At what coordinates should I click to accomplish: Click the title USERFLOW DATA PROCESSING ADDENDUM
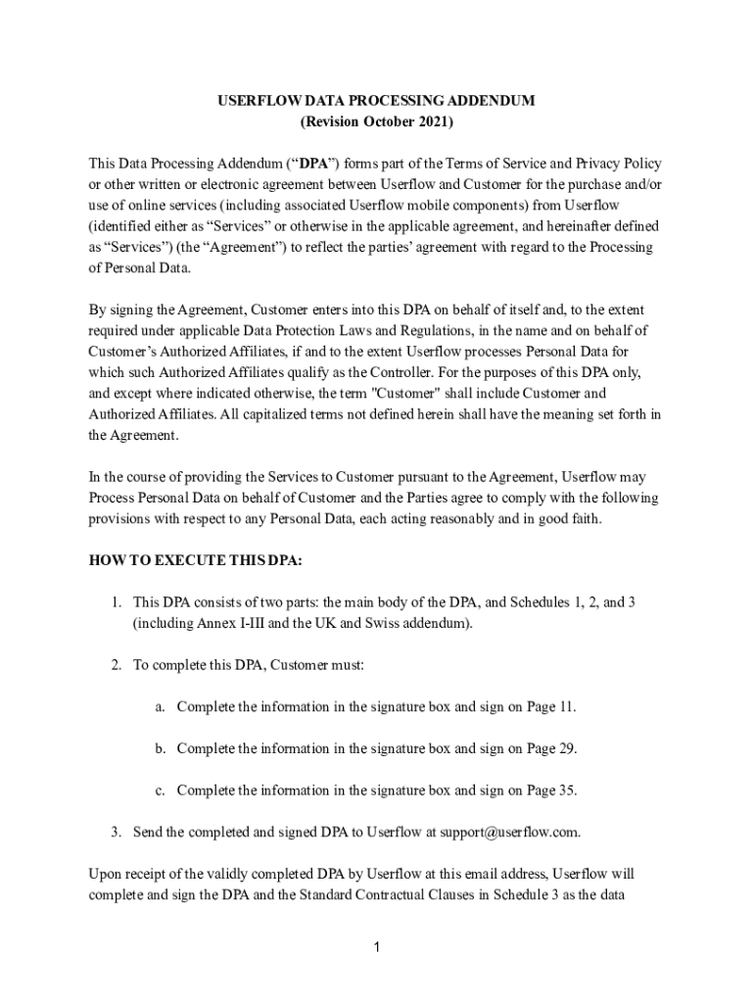coord(376,102)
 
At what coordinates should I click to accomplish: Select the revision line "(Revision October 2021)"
coord(376,122)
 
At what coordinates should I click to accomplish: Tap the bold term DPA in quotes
coord(313,163)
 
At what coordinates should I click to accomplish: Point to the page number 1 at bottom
coord(377,946)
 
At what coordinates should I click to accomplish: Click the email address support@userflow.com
coord(509,833)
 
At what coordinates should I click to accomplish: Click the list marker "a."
coord(160,706)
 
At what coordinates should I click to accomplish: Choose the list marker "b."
coord(160,748)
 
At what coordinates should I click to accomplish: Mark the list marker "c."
coord(160,790)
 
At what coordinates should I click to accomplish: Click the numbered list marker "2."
coord(116,665)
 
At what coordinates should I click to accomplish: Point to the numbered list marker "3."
coord(116,833)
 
